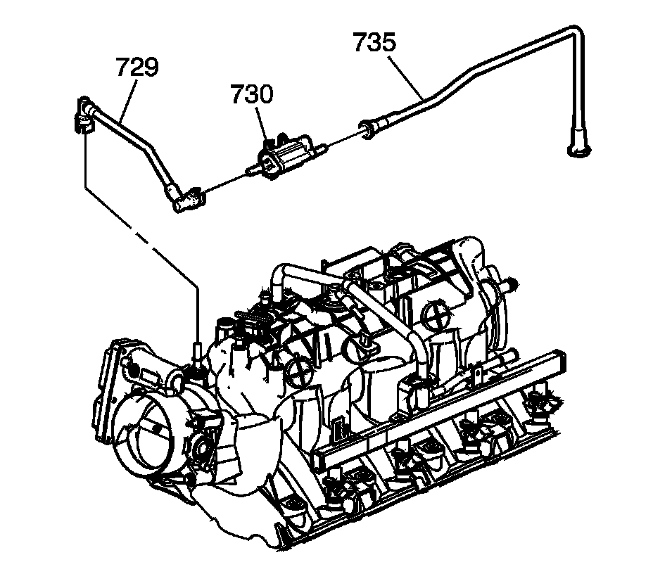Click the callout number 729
point(137,68)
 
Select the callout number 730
point(251,94)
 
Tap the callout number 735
point(374,42)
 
